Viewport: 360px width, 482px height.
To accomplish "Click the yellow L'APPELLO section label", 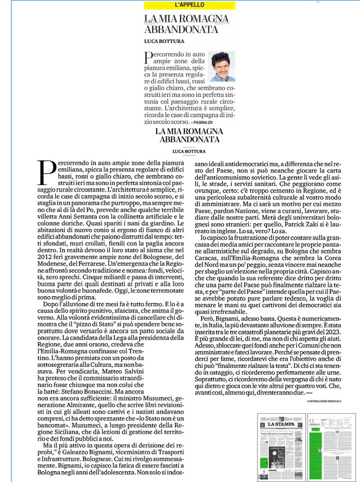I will pyautogui.click(x=190, y=5).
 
